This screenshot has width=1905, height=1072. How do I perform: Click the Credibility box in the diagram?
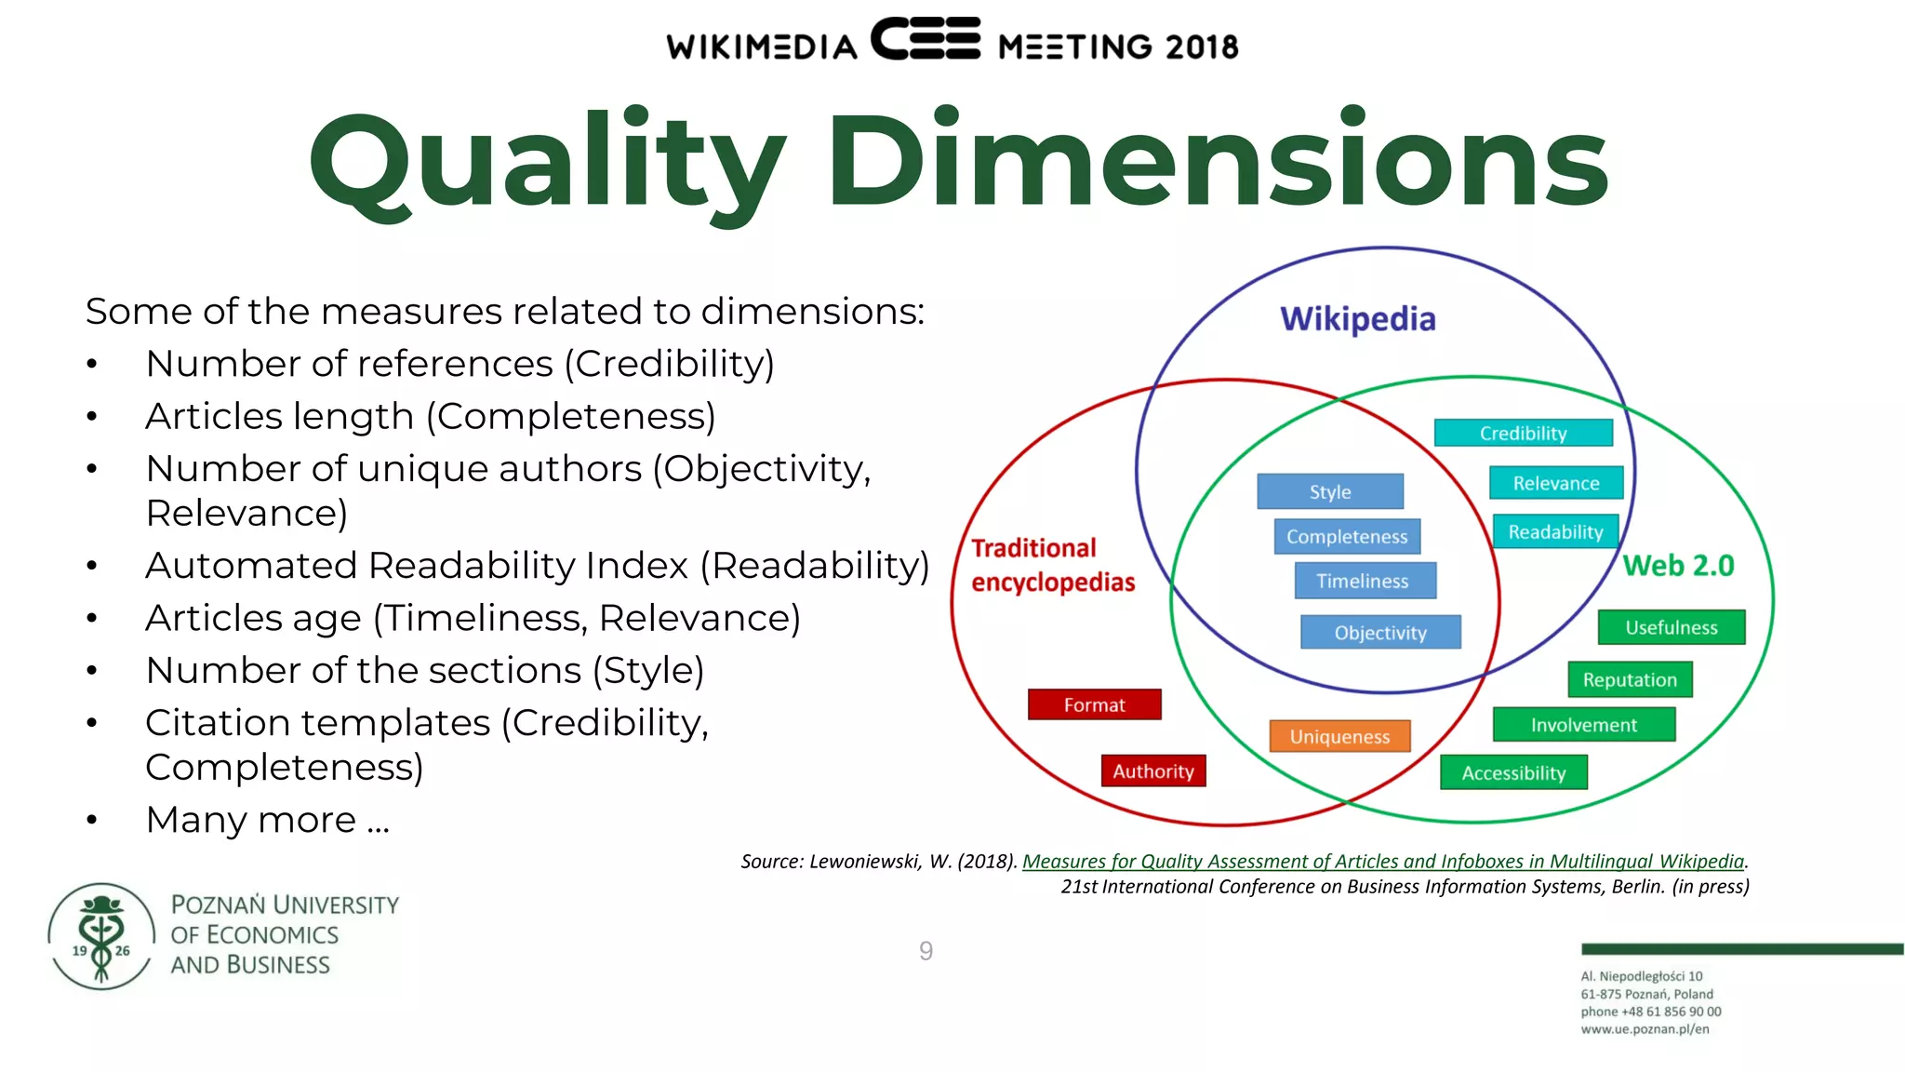[1523, 433]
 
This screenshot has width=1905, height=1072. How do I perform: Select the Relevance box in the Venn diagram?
[1555, 483]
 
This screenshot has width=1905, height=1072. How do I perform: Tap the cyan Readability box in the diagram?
[1555, 531]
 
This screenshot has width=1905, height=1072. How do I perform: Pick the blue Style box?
[1329, 491]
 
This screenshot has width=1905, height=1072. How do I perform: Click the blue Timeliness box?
[1364, 581]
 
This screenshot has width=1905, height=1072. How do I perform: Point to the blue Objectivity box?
[1380, 633]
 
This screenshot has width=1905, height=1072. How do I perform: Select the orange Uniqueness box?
[1339, 736]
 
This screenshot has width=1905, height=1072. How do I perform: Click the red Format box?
[1094, 704]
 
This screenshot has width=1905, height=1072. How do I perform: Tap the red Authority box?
[1152, 770]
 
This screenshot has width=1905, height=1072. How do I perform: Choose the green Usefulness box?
[1671, 627]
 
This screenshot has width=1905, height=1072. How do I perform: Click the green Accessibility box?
[1513, 772]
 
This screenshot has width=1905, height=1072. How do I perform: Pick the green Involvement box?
[1583, 725]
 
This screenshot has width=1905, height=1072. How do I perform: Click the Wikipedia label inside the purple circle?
[1357, 319]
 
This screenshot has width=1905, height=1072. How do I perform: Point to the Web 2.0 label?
[1678, 565]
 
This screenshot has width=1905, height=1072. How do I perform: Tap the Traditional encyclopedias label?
[1052, 565]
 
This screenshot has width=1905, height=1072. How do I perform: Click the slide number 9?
[926, 951]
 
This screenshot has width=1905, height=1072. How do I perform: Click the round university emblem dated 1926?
[101, 936]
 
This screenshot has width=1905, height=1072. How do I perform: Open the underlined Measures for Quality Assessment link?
[1382, 862]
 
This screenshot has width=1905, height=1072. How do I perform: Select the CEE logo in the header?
[926, 39]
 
